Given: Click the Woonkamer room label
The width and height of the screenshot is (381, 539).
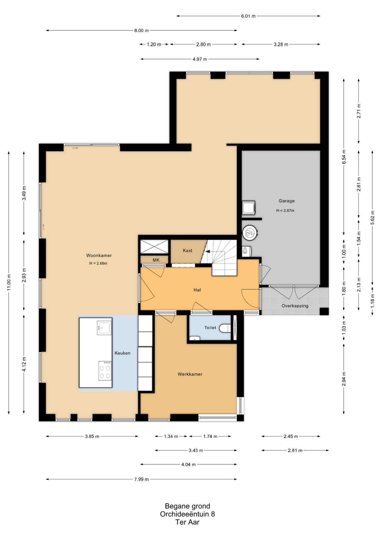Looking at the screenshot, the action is coord(99,255).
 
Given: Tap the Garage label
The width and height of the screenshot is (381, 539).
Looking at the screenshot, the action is coord(286,201).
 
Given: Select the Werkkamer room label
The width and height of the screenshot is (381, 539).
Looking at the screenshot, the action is coord(190,374).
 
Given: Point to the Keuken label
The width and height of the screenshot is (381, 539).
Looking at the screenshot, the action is coord(122,353).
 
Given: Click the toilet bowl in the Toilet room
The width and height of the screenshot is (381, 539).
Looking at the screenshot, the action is coord(225,328).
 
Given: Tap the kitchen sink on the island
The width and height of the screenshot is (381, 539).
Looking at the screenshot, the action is coord(104,327).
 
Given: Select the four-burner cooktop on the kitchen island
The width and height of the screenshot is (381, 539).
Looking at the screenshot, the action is coord(105,371).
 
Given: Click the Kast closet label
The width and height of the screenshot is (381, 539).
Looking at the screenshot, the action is coord(188,250).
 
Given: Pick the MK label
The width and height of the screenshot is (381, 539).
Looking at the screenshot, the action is coord(156,260).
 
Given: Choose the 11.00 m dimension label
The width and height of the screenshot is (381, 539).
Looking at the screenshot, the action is coord(9,282).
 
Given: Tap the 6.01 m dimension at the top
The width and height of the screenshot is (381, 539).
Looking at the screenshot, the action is coord(248,16).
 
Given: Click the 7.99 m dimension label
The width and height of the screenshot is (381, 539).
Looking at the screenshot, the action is coord(141,479).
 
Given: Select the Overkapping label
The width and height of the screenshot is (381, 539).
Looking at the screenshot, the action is coord(295,306).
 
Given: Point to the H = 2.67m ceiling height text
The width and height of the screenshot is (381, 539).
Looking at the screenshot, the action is coord(285,211).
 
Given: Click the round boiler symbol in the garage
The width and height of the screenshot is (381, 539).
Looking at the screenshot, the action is coord(250,233).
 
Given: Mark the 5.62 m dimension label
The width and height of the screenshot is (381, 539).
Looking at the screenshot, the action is coord(373,218).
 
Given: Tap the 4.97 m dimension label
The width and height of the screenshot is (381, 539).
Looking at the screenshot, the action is coord(200,59).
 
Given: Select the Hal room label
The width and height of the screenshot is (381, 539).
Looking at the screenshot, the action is coord(197,290).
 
